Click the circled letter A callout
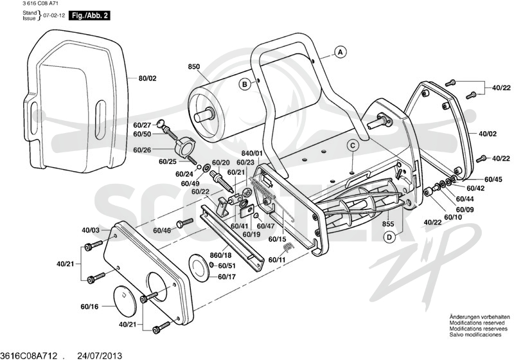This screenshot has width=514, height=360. tap(341, 52)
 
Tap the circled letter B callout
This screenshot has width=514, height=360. tap(245, 84)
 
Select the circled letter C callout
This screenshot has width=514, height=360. tap(353, 146)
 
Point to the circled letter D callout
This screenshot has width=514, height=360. tap(389, 237)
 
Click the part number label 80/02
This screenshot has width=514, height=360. tap(148, 78)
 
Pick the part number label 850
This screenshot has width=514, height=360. tap(194, 67)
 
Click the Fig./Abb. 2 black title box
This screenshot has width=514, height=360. tap(89, 15)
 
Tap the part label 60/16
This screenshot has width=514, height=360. tap(89, 307)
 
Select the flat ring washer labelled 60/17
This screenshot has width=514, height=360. tap(200, 266)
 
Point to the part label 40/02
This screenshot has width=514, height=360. tap(488, 134)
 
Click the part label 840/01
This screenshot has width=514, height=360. tap(252, 153)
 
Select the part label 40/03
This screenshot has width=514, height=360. tap(91, 230)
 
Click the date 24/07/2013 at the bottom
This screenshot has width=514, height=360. tap(100, 355)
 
